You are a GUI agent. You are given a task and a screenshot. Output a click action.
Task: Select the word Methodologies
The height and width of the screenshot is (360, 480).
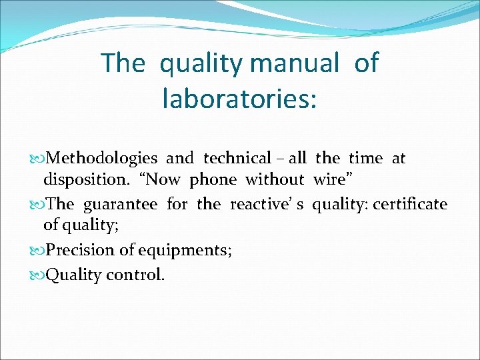click(103, 159)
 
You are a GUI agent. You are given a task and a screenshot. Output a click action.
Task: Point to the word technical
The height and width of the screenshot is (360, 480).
click(237, 159)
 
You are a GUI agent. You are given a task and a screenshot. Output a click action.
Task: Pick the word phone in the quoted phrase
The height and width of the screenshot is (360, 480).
click(213, 180)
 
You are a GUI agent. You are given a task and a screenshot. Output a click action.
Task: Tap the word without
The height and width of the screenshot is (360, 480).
click(275, 180)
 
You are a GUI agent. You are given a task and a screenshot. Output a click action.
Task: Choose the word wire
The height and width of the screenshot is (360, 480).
click(328, 180)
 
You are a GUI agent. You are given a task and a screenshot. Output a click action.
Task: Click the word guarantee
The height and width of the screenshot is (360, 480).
click(119, 204)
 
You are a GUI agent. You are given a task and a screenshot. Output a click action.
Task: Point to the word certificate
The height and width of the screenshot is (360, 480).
click(410, 204)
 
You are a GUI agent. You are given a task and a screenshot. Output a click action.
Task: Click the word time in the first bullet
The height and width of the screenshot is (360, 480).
click(366, 159)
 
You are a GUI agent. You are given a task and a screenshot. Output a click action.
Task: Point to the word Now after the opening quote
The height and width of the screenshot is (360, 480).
click(163, 180)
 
